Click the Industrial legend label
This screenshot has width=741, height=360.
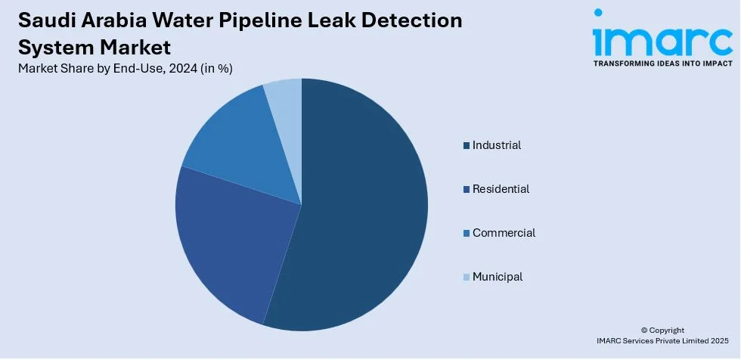pyautogui.click(x=497, y=145)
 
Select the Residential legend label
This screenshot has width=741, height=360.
pyautogui.click(x=501, y=189)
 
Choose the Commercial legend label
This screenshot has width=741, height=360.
pyautogui.click(x=504, y=233)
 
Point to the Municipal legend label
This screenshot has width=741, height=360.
pyautogui.click(x=498, y=277)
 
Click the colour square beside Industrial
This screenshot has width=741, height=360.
pyautogui.click(x=467, y=145)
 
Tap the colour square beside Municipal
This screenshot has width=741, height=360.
pyautogui.click(x=467, y=278)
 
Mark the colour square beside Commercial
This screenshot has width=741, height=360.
pyautogui.click(x=467, y=234)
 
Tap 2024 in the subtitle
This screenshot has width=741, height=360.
pyautogui.click(x=184, y=69)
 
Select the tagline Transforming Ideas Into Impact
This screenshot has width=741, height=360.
pyautogui.click(x=662, y=64)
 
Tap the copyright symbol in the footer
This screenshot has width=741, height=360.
pyautogui.click(x=644, y=331)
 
